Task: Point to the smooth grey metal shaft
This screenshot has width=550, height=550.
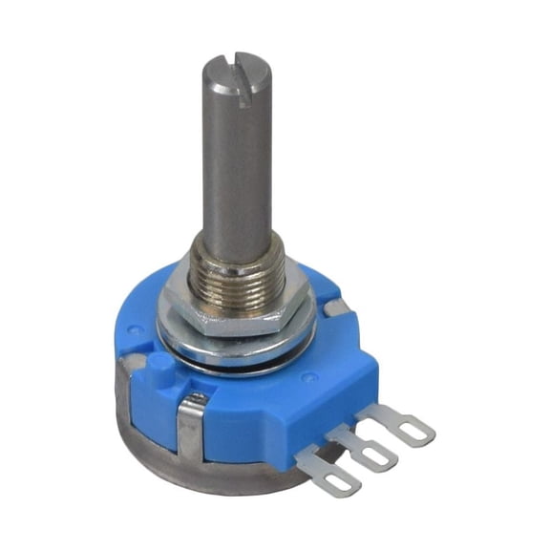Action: [x=233, y=162]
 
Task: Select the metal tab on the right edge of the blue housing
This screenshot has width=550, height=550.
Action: [x=335, y=307]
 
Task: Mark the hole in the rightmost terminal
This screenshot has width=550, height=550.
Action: [x=412, y=433]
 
